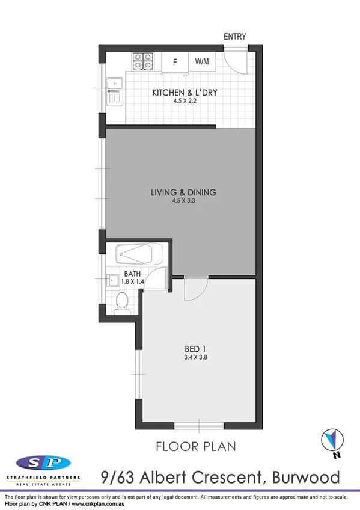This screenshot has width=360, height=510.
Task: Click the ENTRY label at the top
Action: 235,37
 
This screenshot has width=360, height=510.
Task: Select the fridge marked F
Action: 175,61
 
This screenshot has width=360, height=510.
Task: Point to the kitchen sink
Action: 114,90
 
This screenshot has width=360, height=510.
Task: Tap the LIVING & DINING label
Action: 183,193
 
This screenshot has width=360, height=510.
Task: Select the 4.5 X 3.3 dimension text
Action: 183,201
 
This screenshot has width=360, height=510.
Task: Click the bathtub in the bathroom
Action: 139,254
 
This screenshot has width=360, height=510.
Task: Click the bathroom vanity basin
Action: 114,280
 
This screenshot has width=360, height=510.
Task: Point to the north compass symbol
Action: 330,439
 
